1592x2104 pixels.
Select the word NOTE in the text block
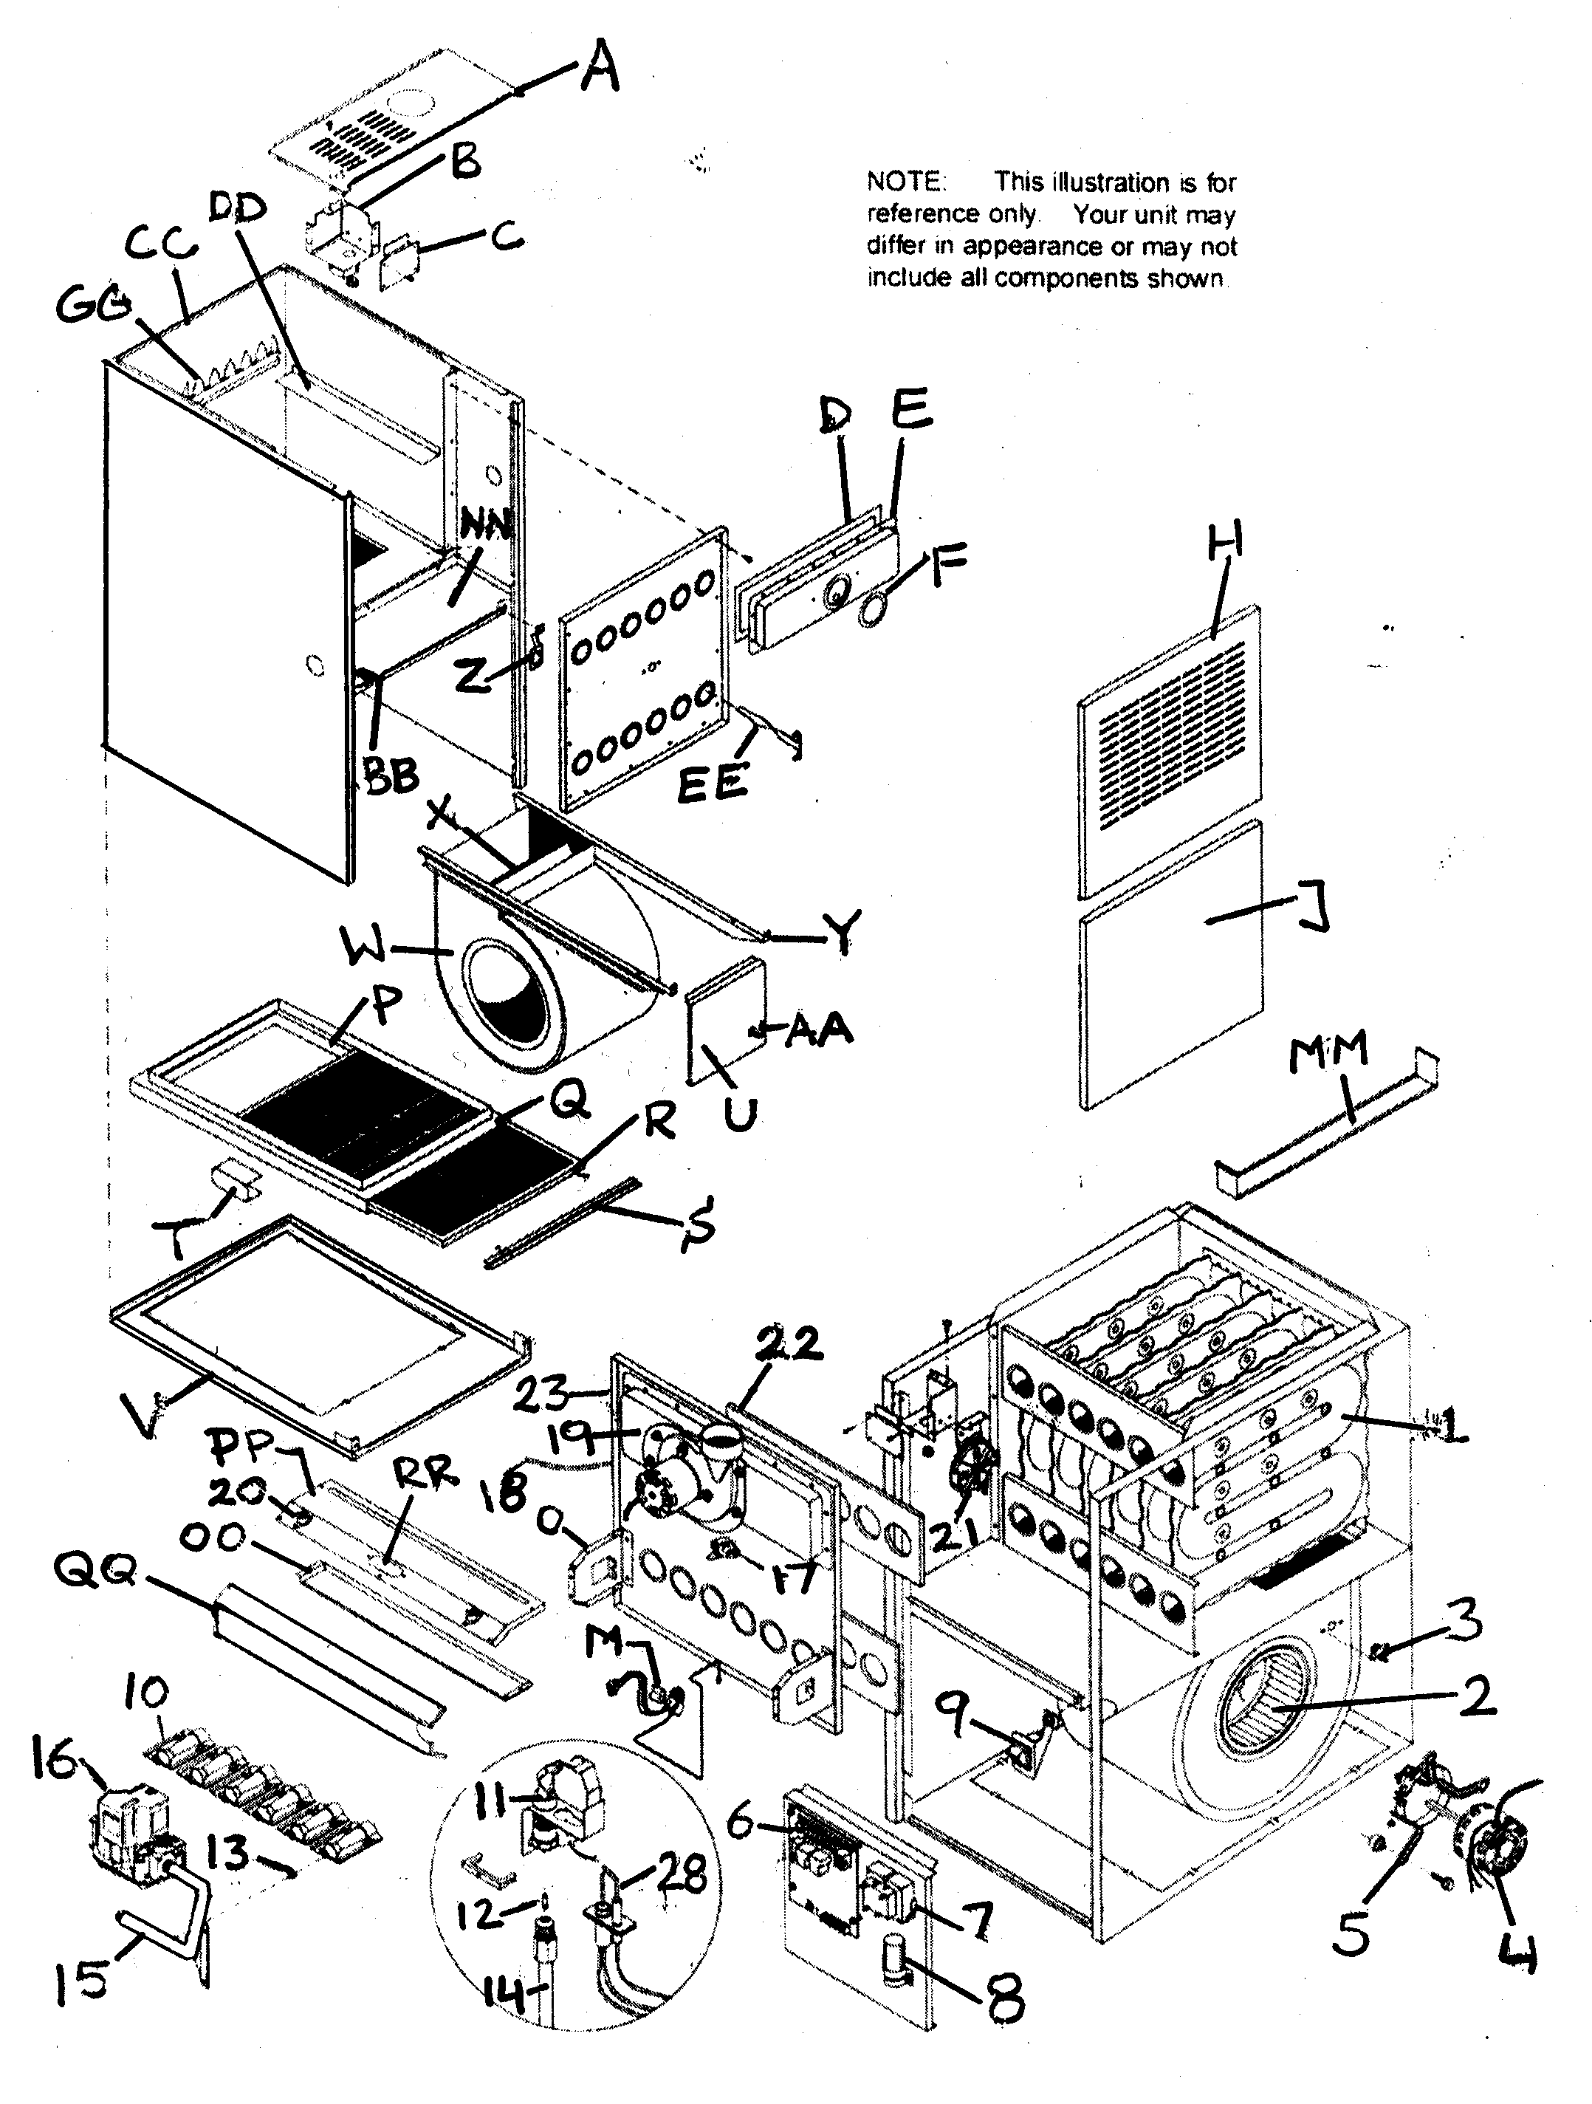point(905,182)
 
